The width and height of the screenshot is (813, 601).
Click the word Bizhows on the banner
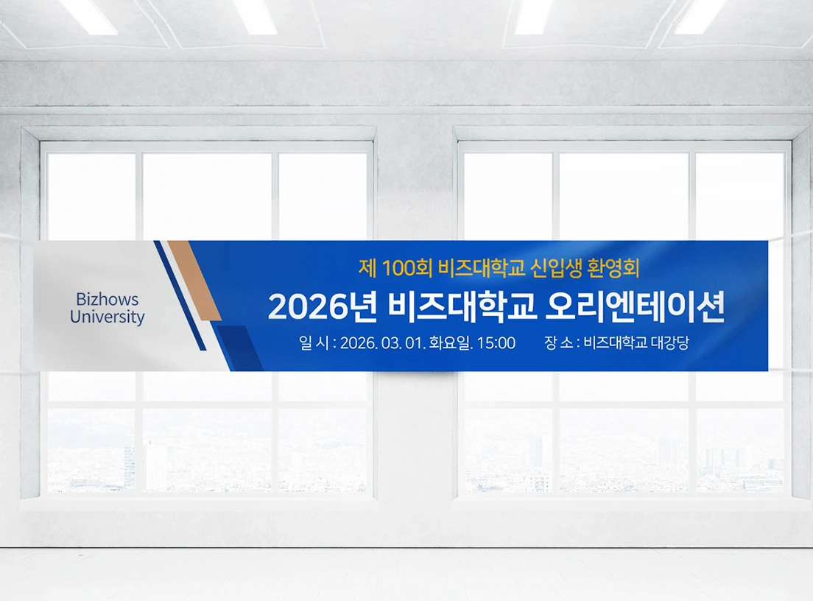[x=107, y=300]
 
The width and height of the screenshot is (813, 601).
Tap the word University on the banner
[x=107, y=317]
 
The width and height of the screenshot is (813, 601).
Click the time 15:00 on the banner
[x=496, y=343]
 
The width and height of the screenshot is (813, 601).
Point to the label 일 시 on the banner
[x=314, y=343]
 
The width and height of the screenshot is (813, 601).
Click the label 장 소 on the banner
[x=560, y=343]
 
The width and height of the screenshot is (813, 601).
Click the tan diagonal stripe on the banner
[x=194, y=280]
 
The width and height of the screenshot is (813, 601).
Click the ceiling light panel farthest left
[x=88, y=16]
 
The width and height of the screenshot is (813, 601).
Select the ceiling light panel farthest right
[x=700, y=16]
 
